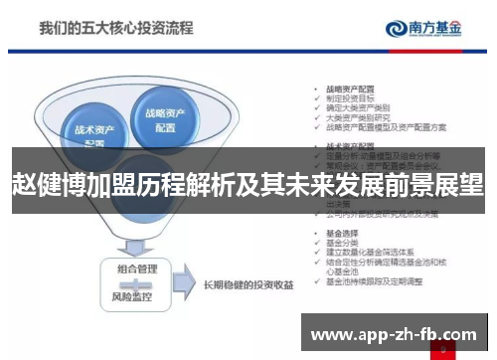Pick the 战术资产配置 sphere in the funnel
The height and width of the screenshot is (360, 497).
[x=92, y=133]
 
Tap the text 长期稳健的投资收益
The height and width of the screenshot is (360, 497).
[x=248, y=283]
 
